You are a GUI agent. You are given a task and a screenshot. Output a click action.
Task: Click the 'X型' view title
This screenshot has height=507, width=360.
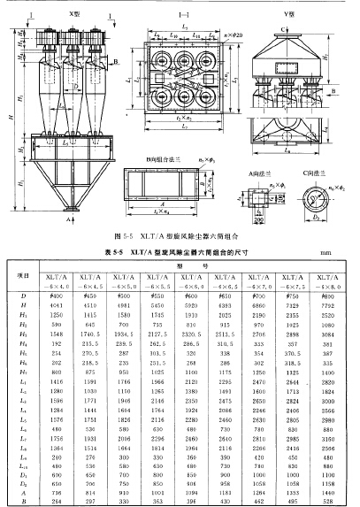[61, 17]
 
